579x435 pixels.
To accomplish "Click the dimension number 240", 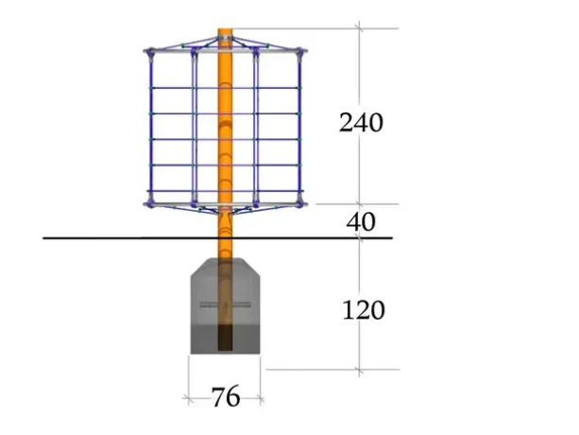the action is click(361, 123).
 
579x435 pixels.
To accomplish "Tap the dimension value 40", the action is click(361, 221).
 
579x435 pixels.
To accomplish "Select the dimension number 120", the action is click(364, 310).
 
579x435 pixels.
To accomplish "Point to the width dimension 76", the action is click(226, 397).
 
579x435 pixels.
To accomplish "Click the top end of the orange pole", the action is click(225, 29).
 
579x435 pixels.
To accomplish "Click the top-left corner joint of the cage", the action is click(150, 52).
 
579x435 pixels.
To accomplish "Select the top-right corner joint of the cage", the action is click(299, 52).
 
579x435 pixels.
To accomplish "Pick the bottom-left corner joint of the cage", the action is click(150, 203).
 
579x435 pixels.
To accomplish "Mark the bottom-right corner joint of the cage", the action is click(299, 203).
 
